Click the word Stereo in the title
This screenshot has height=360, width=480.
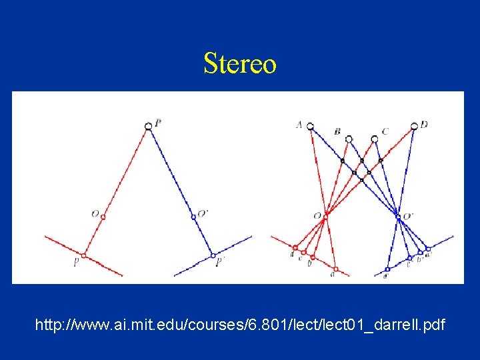coord(239,64)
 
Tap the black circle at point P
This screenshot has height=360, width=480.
coord(149,126)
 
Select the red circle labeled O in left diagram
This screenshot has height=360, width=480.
coord(103,215)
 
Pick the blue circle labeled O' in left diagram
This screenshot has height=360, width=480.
coord(193,215)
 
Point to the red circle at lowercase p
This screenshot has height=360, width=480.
coord(84,255)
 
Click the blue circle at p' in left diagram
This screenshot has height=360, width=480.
coord(213,255)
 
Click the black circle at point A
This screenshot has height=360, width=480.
coord(310,126)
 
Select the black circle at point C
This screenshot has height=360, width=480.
coord(375,139)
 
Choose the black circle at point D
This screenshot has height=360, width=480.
coord(414,126)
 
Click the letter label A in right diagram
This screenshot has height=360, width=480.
coord(299,124)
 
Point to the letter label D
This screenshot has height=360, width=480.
coord(425,124)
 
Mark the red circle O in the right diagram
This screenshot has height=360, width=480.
coord(326,215)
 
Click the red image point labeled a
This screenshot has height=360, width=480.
coord(336,269)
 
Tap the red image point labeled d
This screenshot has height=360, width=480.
coord(295,247)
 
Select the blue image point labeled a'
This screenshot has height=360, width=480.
coord(429,248)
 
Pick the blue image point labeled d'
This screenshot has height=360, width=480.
coord(387,269)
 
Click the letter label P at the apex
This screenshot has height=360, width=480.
coord(157,122)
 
